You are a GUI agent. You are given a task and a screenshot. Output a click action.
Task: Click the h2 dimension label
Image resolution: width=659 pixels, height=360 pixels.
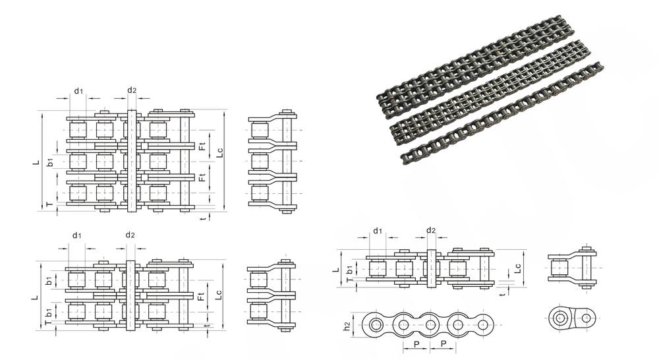[x=347, y=326]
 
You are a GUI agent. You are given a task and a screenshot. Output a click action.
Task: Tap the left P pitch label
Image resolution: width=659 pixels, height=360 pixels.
[x=416, y=344]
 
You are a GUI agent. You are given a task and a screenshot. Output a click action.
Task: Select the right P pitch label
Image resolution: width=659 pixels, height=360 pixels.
[x=444, y=344]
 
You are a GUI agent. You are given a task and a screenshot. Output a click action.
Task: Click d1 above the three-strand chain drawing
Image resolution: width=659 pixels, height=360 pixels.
[x=78, y=91]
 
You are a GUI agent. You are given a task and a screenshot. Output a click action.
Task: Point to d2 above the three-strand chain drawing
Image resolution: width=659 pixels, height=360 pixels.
[x=132, y=90]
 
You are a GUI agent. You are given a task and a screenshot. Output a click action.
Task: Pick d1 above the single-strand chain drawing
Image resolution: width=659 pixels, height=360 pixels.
[x=378, y=231]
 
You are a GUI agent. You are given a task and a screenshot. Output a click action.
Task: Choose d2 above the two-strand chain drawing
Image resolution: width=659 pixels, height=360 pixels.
[x=130, y=235]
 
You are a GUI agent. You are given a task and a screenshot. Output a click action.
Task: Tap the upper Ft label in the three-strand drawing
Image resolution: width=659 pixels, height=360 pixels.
[x=202, y=146]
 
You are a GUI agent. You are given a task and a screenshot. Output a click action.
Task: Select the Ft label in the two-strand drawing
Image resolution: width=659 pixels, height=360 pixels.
[x=200, y=297]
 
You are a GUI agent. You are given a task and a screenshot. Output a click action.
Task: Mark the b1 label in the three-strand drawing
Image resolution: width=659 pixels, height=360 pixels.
[x=50, y=162]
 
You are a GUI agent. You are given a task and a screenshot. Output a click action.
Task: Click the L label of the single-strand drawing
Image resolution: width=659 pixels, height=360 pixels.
[x=336, y=270]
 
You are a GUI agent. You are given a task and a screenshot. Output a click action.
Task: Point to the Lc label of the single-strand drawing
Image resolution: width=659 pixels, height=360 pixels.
[x=518, y=268]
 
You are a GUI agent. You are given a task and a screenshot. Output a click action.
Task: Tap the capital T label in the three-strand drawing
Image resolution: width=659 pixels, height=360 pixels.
[x=50, y=204]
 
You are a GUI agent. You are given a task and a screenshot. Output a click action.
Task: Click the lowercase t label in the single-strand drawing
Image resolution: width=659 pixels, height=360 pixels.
[x=503, y=294]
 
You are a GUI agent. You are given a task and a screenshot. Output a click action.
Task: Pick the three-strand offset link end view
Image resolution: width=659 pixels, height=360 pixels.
[x=273, y=162]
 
